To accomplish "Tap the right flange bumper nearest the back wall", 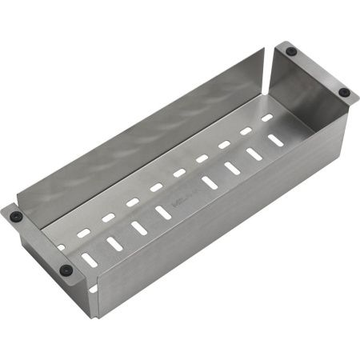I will (x=291, y=51).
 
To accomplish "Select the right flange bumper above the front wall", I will (x=344, y=92).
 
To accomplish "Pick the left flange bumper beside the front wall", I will (x=66, y=270).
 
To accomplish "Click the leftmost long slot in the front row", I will (x=90, y=260).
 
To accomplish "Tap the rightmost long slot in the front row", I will (x=275, y=140).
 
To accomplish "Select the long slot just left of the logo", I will (x=163, y=212).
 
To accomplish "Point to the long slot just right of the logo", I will (x=209, y=182).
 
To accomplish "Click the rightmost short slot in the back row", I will (x=267, y=118).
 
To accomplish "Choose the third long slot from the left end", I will (x=139, y=228).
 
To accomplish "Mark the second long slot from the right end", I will (x=254, y=154).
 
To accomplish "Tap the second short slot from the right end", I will (x=246, y=130).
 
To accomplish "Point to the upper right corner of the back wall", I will (x=264, y=50).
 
